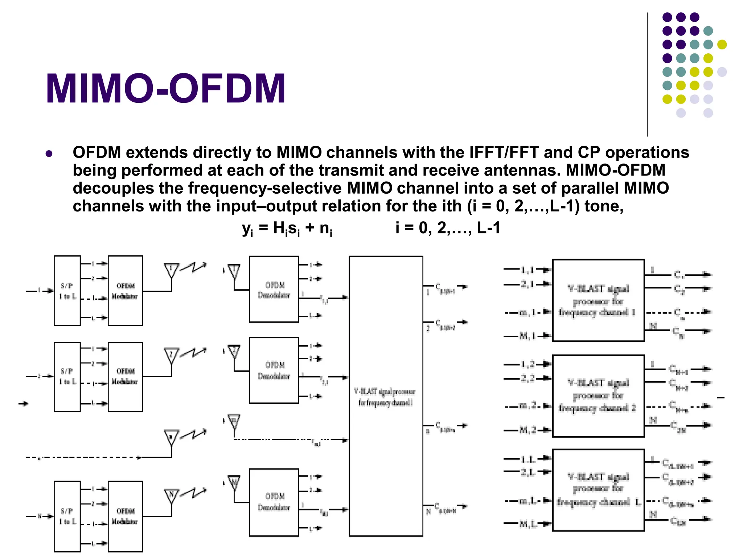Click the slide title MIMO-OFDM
pos(166,89)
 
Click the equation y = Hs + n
pos(287,229)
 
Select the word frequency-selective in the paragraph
pos(264,188)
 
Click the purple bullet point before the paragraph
pos(49,154)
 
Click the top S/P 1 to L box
pos(67,291)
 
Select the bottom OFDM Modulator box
pos(125,516)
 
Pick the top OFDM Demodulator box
pos(274,289)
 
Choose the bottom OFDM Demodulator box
pos(274,502)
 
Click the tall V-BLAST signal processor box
pos(386,396)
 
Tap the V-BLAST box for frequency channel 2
pos(598,396)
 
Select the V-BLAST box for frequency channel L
pos(598,490)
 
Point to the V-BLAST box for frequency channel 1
pos(598,300)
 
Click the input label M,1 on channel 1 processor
pos(528,336)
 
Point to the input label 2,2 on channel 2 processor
pos(528,378)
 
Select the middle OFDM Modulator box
pos(125,377)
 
